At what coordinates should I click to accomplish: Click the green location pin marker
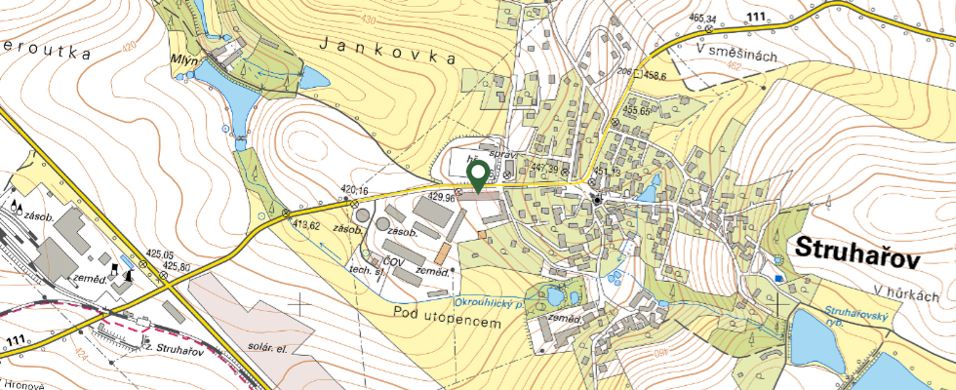click(478, 177)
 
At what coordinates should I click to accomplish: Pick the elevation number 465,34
click(702, 19)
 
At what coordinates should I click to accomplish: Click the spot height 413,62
click(305, 225)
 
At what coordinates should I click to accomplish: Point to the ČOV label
click(394, 261)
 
